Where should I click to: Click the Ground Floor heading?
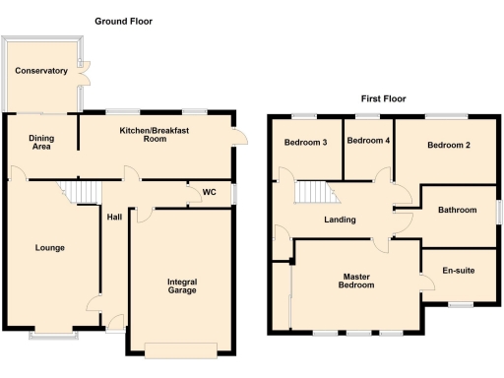[x=123, y=21]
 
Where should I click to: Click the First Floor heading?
[x=383, y=98]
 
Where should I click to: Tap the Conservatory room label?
[x=41, y=71]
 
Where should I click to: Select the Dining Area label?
[x=41, y=142]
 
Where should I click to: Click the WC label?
[x=209, y=192]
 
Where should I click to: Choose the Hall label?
[x=114, y=218]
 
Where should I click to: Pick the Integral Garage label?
[x=182, y=287]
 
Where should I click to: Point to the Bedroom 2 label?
[x=448, y=146]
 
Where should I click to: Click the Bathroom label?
[x=458, y=210]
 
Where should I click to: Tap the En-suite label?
[x=459, y=268]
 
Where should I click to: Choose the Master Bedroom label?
[x=356, y=281]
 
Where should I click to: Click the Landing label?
[x=341, y=220]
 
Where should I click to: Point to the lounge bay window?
[x=54, y=336]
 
